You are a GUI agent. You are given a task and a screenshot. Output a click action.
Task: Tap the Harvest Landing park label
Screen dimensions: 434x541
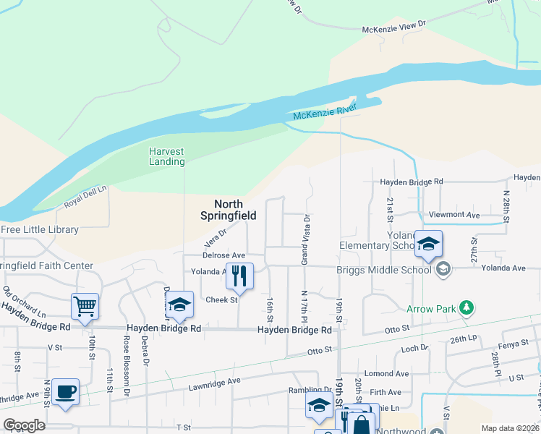[167, 156]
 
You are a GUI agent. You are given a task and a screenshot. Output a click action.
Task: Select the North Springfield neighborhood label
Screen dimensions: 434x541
[227, 209]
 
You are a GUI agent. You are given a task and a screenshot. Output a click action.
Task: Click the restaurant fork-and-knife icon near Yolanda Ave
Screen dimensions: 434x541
[239, 276]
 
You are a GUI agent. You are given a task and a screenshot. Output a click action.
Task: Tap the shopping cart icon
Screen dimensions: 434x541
[85, 306]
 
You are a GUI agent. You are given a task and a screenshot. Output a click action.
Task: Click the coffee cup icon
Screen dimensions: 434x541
[66, 391]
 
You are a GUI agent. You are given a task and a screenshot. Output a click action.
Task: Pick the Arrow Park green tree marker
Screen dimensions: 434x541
[467, 309]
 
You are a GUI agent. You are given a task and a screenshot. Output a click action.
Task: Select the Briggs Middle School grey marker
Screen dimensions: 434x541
[443, 270]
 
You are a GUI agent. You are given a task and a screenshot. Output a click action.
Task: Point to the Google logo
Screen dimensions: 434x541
[24, 425]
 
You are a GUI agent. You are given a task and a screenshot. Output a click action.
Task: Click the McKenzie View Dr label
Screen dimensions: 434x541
[394, 27]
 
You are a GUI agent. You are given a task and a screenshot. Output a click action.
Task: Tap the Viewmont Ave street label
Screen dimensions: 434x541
[454, 215]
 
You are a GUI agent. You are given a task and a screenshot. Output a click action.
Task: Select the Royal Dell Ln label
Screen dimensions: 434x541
[85, 195]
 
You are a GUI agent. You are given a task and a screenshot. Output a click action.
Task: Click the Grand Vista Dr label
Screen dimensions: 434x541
[306, 238]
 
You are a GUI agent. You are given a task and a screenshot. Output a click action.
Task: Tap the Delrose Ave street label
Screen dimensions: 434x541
[223, 255]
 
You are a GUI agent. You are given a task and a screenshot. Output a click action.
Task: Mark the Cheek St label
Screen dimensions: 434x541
[222, 299]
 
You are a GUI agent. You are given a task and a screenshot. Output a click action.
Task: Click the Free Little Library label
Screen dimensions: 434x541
[39, 229]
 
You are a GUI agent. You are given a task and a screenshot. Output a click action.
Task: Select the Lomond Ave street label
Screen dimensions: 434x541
[387, 373]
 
